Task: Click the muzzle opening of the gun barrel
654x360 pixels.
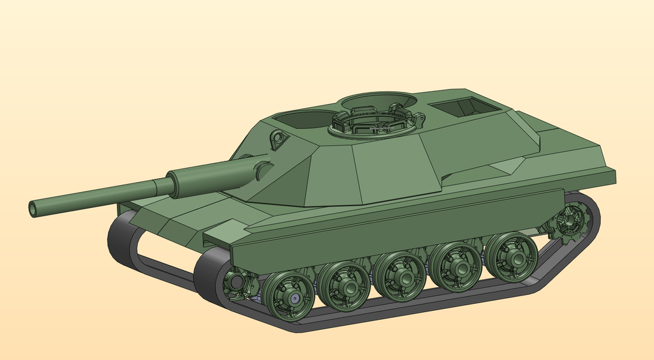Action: click(x=33, y=209)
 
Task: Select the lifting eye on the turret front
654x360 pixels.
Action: click(x=277, y=139)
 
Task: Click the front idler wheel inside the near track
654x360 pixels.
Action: click(x=237, y=283)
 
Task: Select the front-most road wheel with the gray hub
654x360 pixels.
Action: click(x=289, y=296)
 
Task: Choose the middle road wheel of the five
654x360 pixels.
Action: click(x=400, y=276)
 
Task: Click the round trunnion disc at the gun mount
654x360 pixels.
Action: click(x=262, y=170)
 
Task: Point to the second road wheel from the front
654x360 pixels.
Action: click(x=344, y=286)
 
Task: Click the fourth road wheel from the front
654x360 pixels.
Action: click(x=456, y=266)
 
